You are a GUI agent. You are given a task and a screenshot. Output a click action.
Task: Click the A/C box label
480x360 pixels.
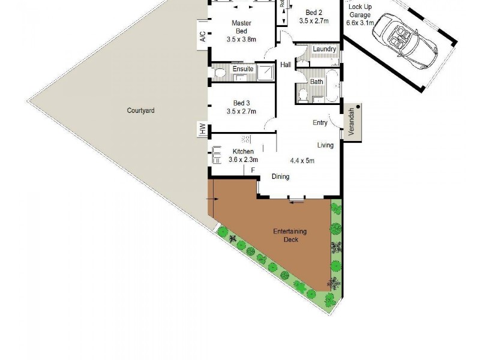(x=203, y=37)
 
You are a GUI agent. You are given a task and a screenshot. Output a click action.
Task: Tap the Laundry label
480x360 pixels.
(x=324, y=49)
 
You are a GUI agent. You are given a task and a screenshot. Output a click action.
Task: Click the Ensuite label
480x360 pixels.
(x=243, y=69)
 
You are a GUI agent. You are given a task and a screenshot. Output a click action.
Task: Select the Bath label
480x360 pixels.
(x=317, y=82)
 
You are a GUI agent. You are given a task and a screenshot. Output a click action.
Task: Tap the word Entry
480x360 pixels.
(x=320, y=123)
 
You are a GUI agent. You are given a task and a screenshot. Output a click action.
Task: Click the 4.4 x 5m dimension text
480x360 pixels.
(x=302, y=160)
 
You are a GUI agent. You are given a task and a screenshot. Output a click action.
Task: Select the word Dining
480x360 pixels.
(x=280, y=176)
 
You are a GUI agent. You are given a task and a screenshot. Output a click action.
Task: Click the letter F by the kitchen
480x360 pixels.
(x=253, y=170)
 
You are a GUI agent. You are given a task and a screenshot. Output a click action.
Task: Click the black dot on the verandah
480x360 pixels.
(x=358, y=106)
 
